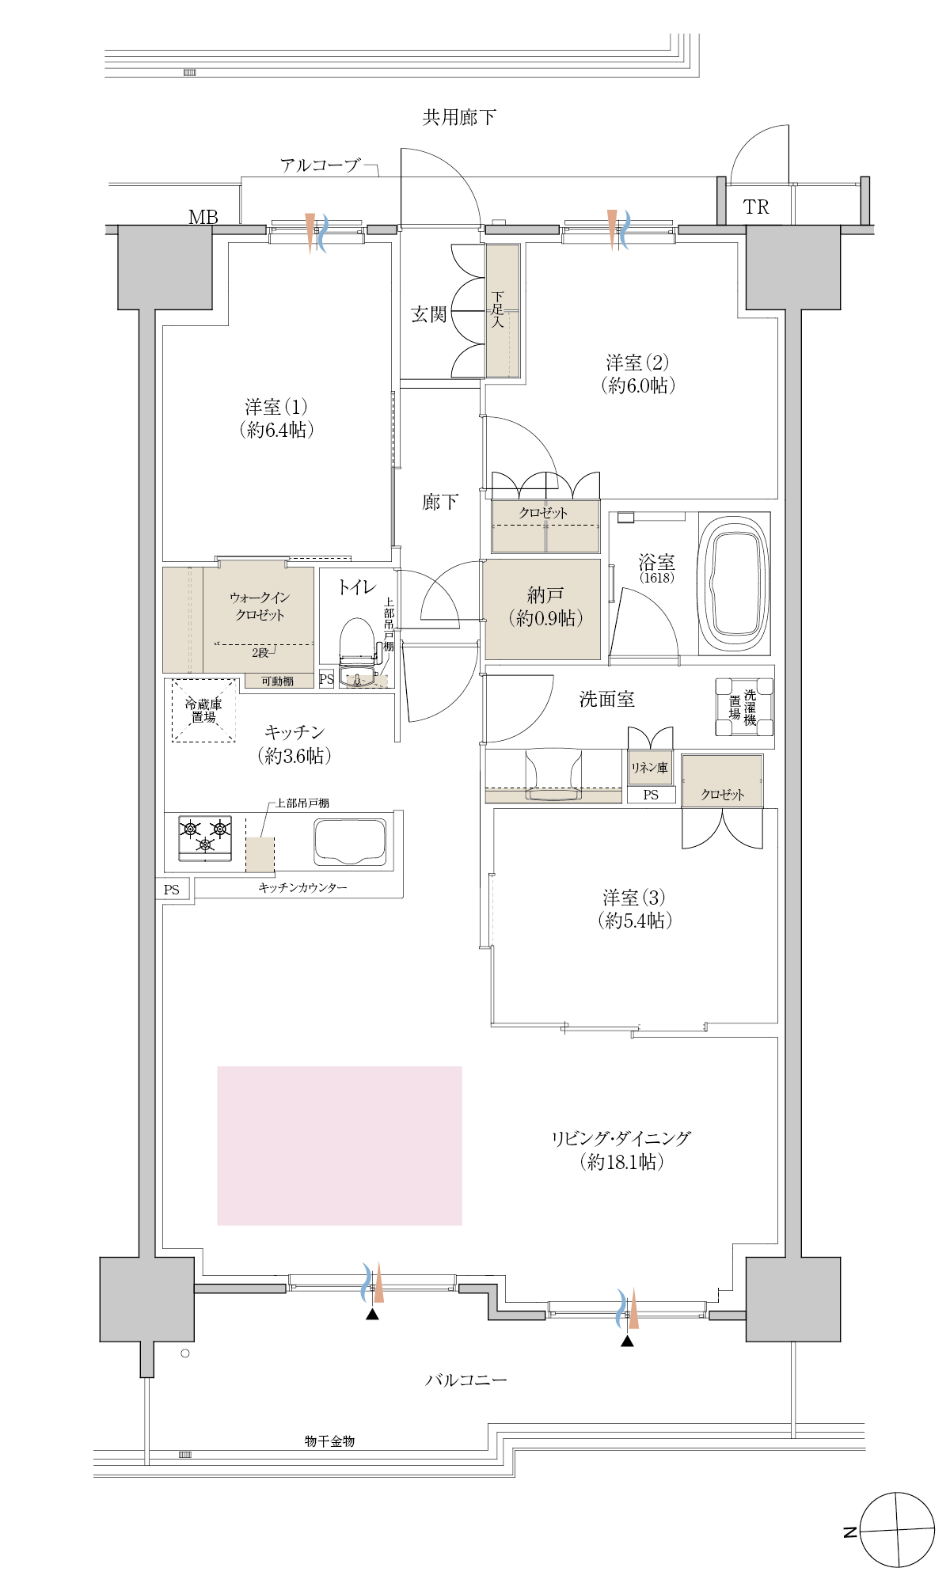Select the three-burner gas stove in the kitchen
205,838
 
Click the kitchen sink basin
350,842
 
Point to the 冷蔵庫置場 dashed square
204,710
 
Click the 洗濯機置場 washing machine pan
743,707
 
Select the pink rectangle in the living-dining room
340,1145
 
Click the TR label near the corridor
756,207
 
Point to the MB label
203,217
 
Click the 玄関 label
429,314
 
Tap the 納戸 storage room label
545,594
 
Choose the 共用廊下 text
459,117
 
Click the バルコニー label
466,1380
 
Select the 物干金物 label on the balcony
329,1441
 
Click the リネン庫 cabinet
650,768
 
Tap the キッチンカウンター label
303,888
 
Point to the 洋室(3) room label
634,898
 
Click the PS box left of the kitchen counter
173,890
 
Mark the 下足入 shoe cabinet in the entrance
503,310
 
